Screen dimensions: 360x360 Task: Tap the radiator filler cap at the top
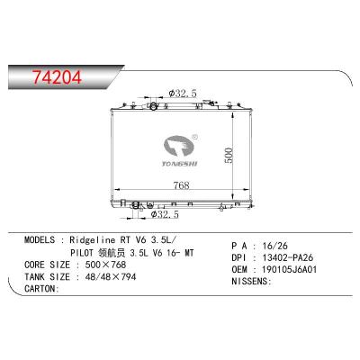click(x=155, y=108)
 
